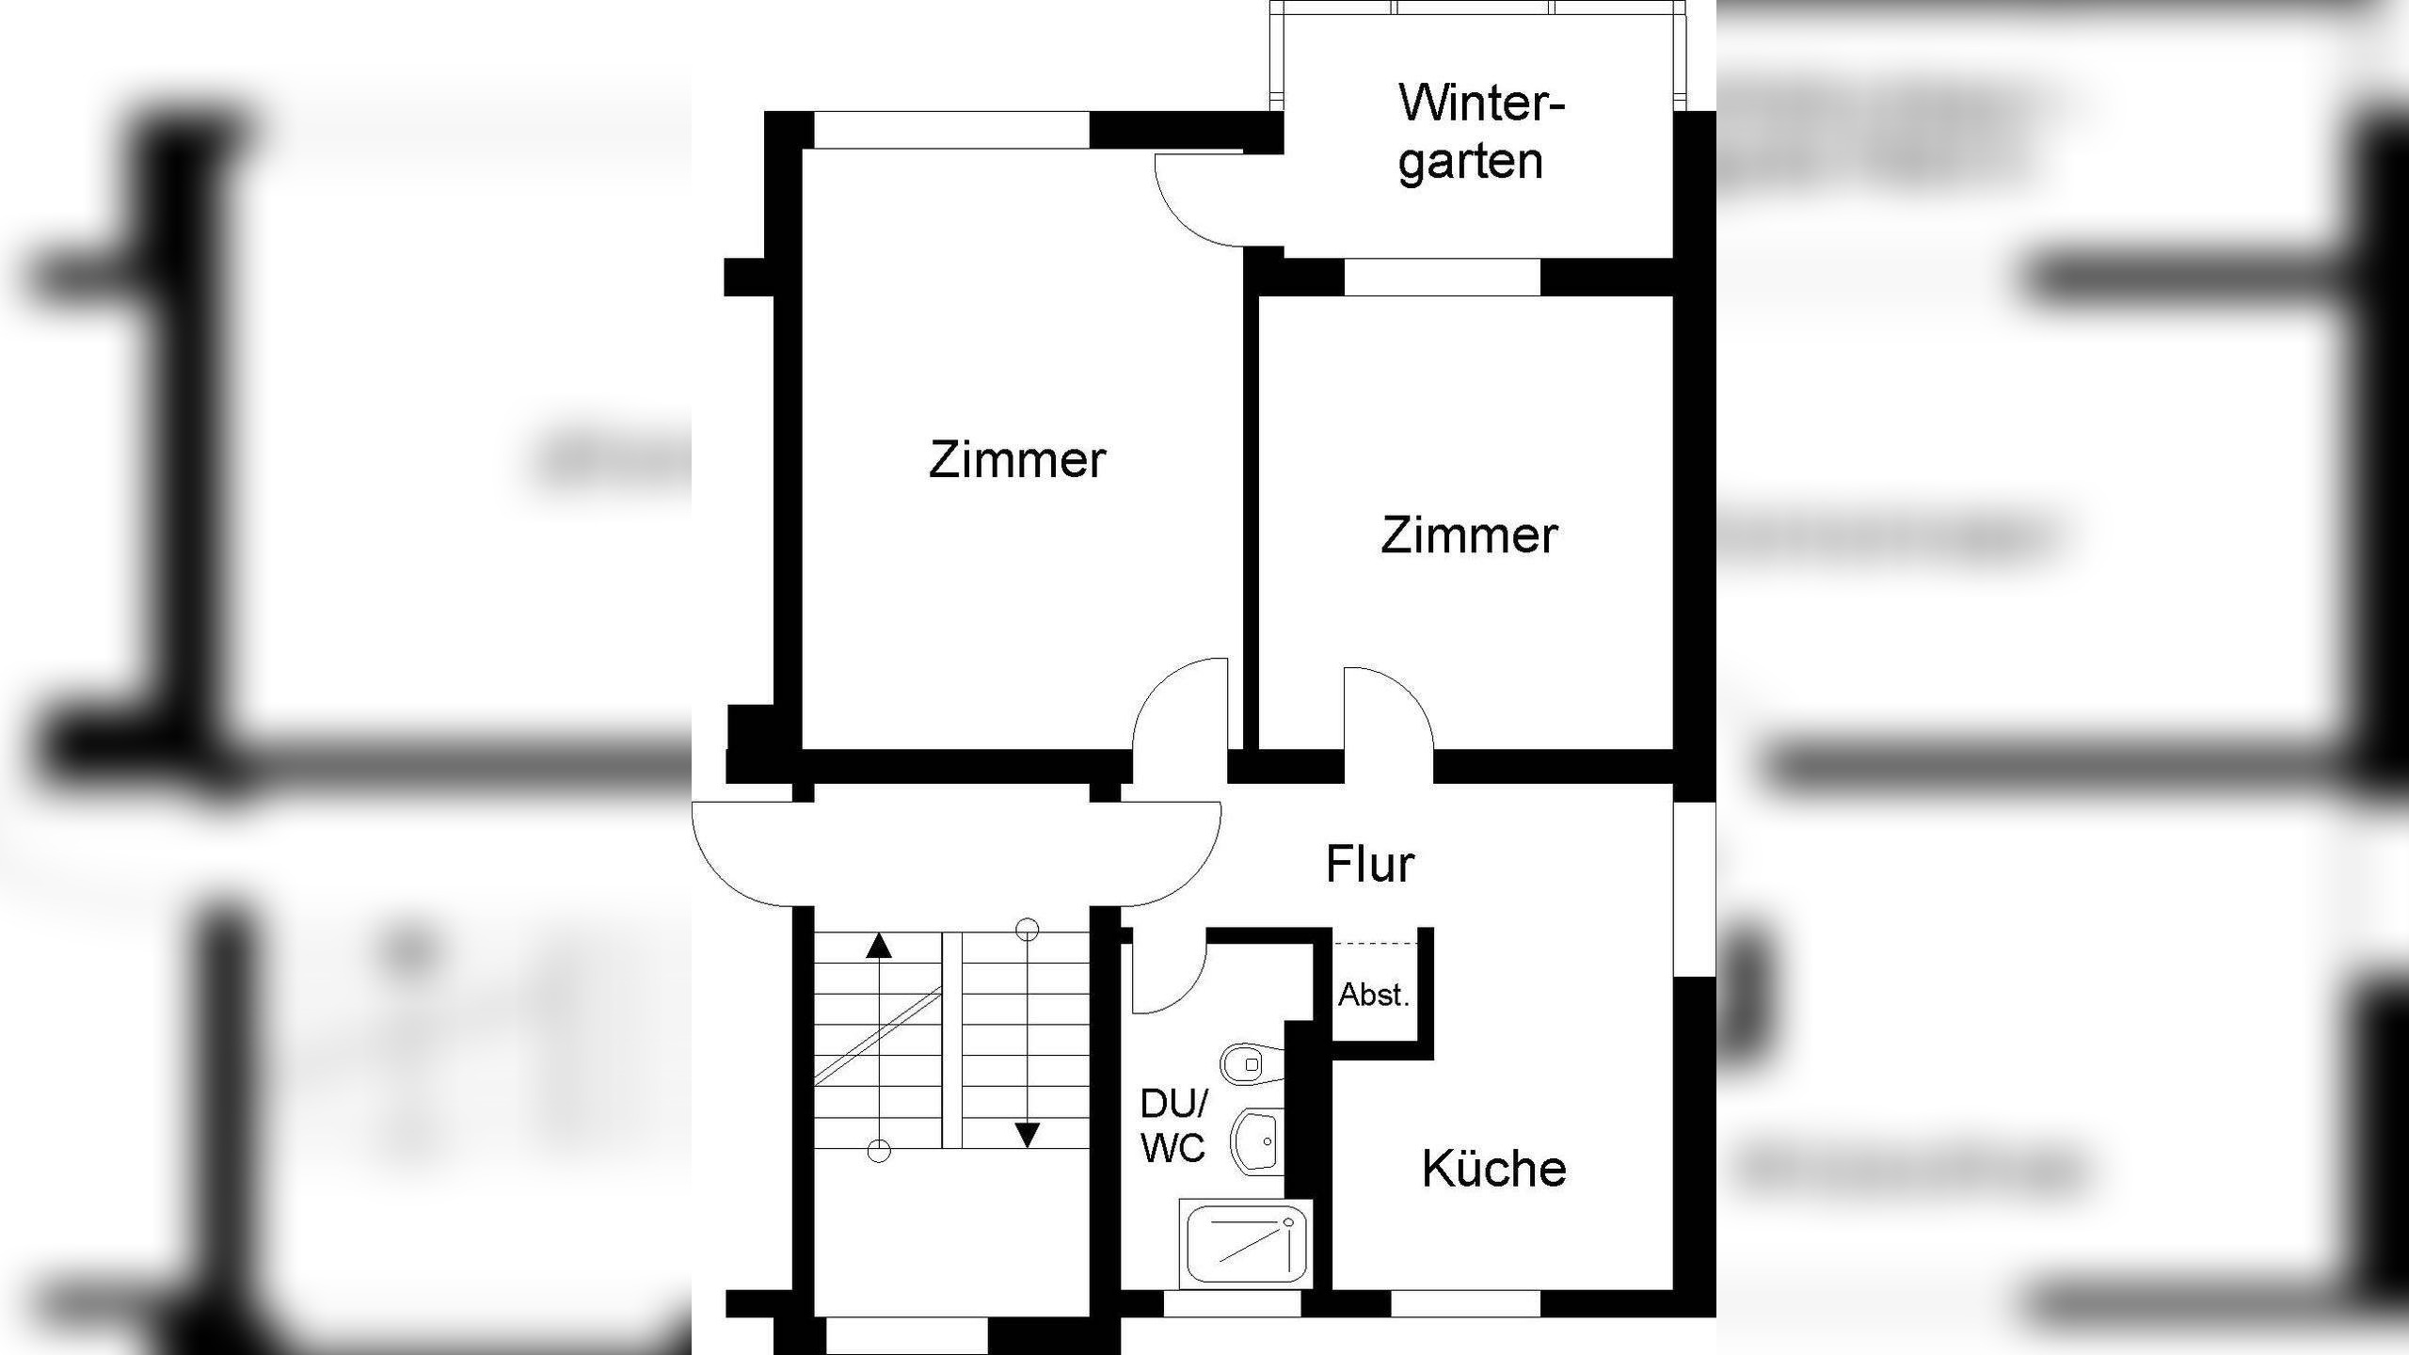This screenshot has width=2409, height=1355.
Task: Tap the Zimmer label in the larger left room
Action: [1016, 460]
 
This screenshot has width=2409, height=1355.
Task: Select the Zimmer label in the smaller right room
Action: [1468, 535]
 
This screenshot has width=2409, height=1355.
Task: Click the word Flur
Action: [1369, 864]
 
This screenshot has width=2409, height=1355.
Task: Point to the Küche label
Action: [1493, 1169]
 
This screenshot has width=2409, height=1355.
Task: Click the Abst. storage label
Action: [1374, 995]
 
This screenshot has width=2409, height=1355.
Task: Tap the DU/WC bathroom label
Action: [1173, 1125]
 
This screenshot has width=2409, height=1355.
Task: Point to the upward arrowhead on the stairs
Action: [878, 946]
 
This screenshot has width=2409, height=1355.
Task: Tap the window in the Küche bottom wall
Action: [1465, 1303]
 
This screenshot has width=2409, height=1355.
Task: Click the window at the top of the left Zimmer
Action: [950, 130]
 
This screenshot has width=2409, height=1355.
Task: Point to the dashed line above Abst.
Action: [1376, 942]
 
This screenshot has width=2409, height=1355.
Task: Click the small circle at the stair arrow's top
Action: [1027, 931]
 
